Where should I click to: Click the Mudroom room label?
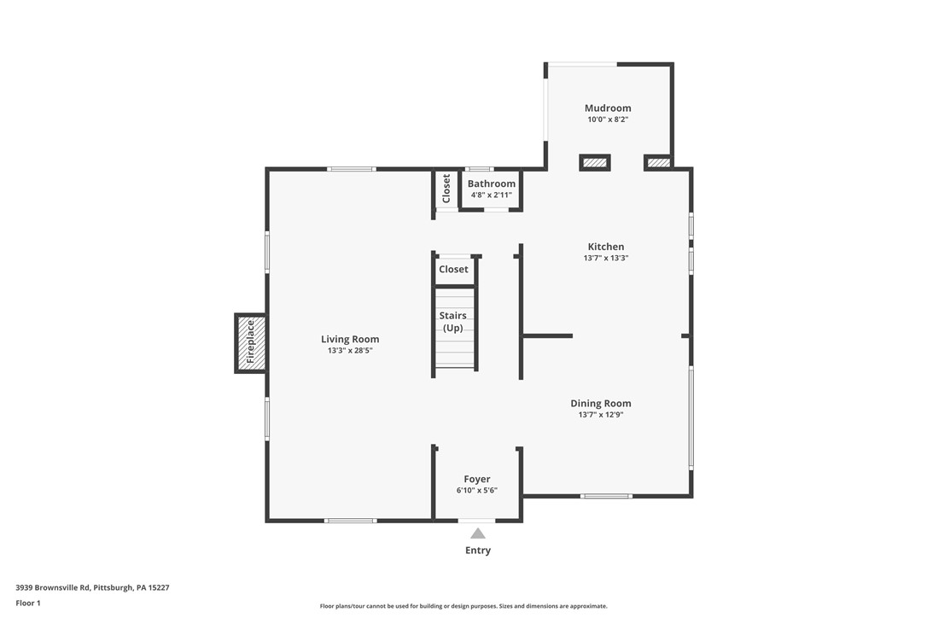(608, 108)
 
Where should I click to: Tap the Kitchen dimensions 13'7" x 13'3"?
(606, 258)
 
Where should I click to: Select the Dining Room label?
(601, 404)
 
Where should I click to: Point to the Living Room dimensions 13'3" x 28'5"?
(350, 350)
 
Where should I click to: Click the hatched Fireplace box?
(251, 343)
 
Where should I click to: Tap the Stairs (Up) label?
(453, 322)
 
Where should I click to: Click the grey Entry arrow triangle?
(478, 533)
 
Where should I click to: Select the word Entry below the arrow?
(478, 551)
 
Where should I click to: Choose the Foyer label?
(477, 479)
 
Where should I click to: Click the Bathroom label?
(492, 184)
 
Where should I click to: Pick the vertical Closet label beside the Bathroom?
(446, 189)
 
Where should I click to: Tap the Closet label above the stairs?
(453, 269)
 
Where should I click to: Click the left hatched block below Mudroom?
(594, 162)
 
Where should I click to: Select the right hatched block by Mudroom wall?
(658, 162)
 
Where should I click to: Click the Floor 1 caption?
(28, 603)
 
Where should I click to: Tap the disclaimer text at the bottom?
(463, 606)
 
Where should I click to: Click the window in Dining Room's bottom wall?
(606, 495)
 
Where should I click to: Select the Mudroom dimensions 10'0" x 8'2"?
(608, 120)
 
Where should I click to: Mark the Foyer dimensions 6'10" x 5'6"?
(477, 490)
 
